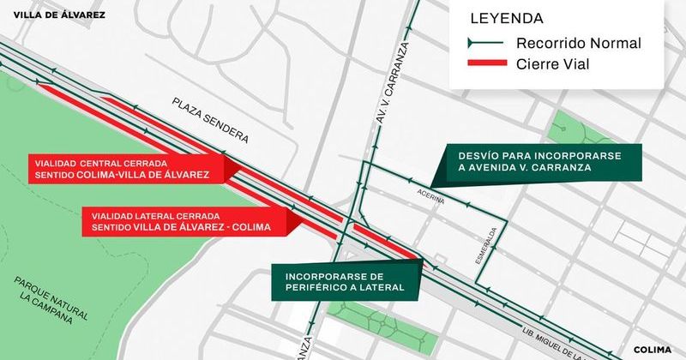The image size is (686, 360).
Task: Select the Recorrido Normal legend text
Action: coord(579,43)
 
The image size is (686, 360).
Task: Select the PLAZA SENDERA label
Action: coord(209,120)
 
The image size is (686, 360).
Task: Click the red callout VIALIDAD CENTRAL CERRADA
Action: coord(120,168)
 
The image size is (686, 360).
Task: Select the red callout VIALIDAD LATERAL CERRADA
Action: coord(177,221)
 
